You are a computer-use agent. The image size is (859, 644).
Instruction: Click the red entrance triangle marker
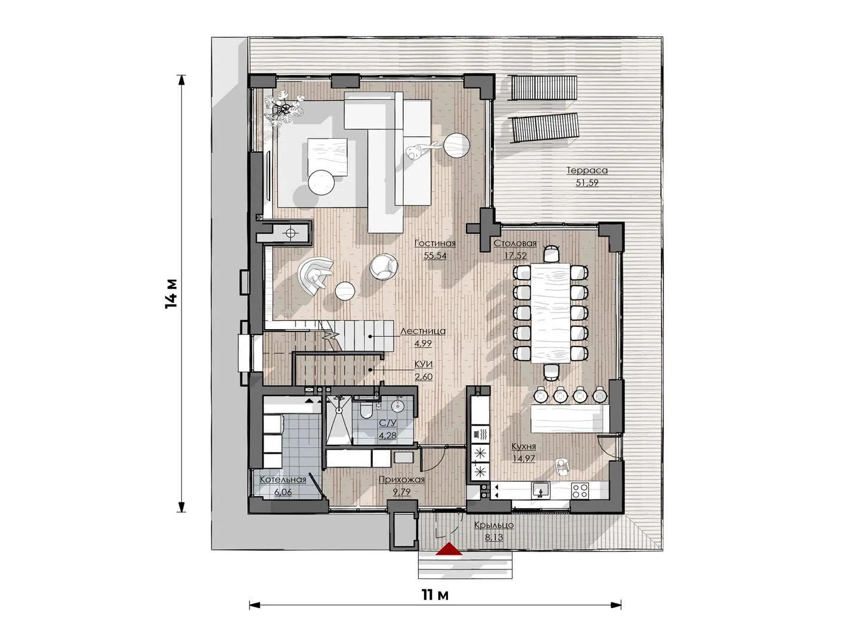pyautogui.click(x=449, y=549)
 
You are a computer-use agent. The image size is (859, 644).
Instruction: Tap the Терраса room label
pyautogui.click(x=587, y=171)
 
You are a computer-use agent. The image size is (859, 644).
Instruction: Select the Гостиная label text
pyautogui.click(x=435, y=243)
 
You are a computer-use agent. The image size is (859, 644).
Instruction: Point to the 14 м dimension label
pyautogui.click(x=171, y=293)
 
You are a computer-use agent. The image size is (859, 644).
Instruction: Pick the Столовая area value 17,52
pyautogui.click(x=515, y=256)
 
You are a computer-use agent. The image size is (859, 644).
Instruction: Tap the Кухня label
pyautogui.click(x=524, y=447)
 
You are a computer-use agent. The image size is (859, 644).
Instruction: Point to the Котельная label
pyautogui.click(x=283, y=480)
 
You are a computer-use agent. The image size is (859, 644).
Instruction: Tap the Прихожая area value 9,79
pyautogui.click(x=402, y=492)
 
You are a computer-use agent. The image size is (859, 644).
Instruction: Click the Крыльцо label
pyautogui.click(x=494, y=525)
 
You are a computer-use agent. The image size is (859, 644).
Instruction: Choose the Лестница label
pyautogui.click(x=423, y=331)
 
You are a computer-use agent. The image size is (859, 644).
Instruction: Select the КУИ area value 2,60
pyautogui.click(x=424, y=377)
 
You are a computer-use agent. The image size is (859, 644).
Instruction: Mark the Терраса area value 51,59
pyautogui.click(x=587, y=183)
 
